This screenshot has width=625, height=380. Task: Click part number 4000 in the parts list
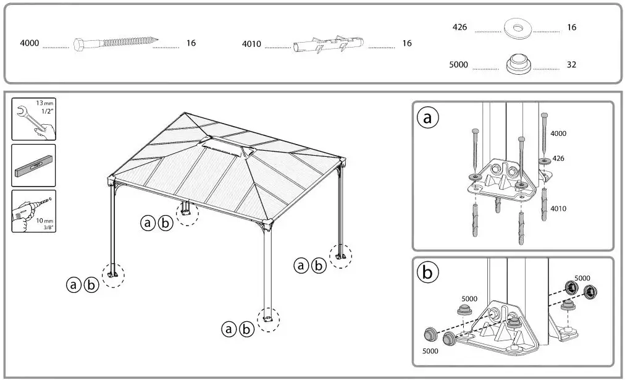pos(30,44)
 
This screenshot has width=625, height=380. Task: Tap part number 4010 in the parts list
pos(251,44)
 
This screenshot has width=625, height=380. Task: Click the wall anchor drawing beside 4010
pos(328,44)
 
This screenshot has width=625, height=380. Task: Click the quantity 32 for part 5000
pos(571,64)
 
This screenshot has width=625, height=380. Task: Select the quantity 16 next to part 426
pos(571,28)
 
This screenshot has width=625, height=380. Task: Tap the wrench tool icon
pos(33,118)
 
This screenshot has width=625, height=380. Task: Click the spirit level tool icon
pos(33,165)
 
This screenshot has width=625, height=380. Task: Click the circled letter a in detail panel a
pos(427,118)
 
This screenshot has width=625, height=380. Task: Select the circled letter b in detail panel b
pos(427,272)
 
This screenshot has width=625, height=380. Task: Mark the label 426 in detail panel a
pos(558,158)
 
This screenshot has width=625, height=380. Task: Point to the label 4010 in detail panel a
pos(558,209)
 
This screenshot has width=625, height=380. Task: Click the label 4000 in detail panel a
pos(558,133)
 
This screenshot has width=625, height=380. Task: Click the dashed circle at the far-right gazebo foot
pos(340,255)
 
